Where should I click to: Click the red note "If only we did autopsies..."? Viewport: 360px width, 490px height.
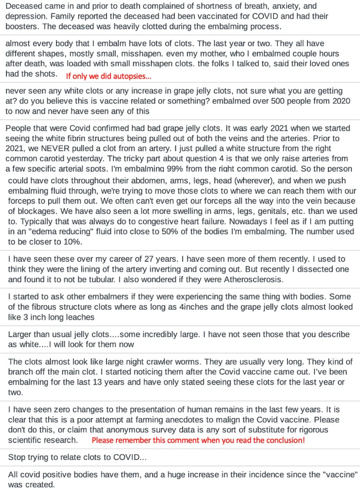click(108, 76)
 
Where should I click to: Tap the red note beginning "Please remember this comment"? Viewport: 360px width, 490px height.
click(198, 440)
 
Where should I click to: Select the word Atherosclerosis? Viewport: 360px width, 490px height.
click(253, 279)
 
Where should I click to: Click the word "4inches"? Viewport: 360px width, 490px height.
click(193, 307)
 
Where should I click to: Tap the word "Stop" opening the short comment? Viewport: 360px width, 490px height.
click(17, 457)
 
